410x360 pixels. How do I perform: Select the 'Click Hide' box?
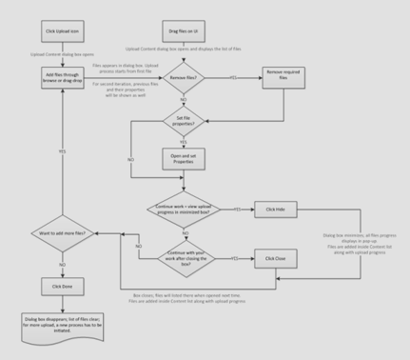276,208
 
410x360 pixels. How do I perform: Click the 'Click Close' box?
276,257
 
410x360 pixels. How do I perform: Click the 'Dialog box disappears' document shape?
64,324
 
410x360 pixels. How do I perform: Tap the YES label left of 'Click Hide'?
237,208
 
